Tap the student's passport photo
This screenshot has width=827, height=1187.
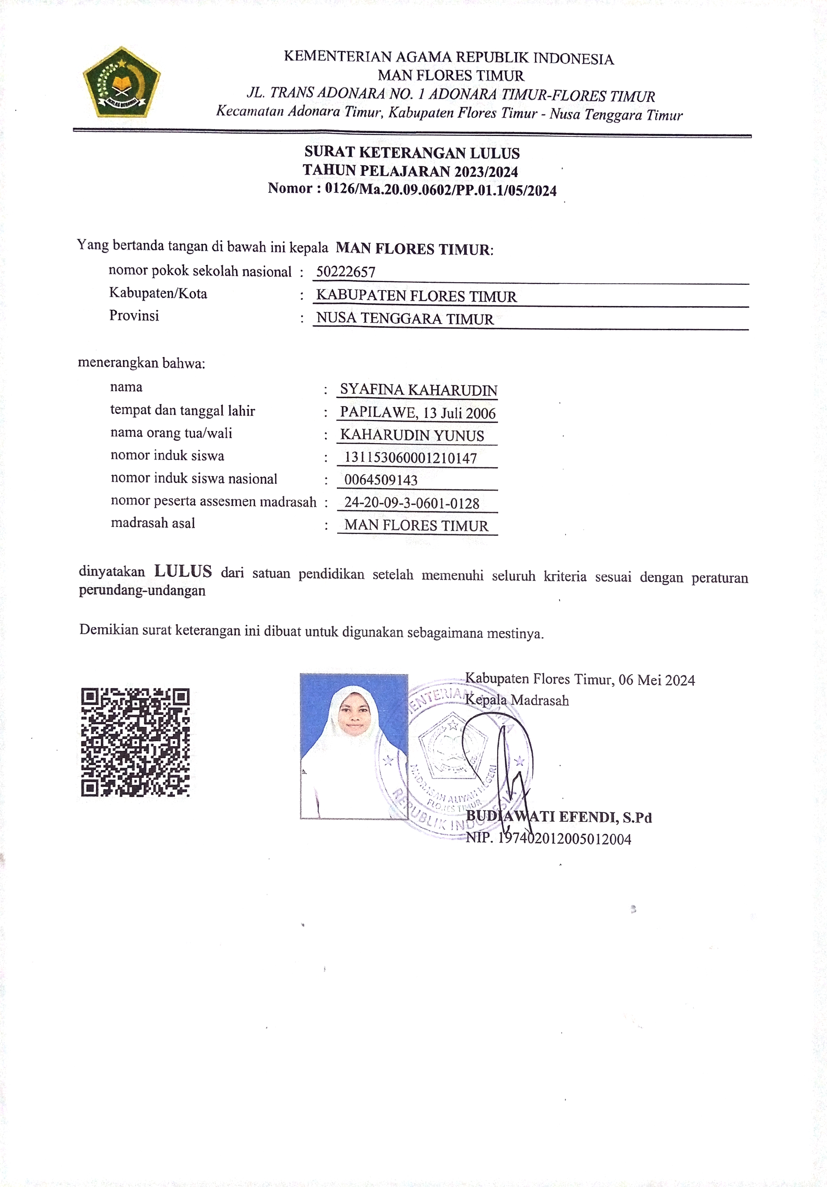pos(354,746)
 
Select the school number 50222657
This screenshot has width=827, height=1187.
pos(346,272)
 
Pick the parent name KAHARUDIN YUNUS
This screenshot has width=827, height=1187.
pos(412,435)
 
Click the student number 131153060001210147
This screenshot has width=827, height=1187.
pos(410,458)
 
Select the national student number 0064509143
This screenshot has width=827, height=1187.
pos(381,480)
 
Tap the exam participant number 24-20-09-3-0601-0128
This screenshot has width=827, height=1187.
pos(412,503)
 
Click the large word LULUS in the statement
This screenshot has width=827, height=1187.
pos(183,571)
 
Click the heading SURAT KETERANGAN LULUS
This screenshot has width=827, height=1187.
pos(412,153)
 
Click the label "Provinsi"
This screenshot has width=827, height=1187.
pos(134,316)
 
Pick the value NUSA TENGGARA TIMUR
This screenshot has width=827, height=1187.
pos(405,319)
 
